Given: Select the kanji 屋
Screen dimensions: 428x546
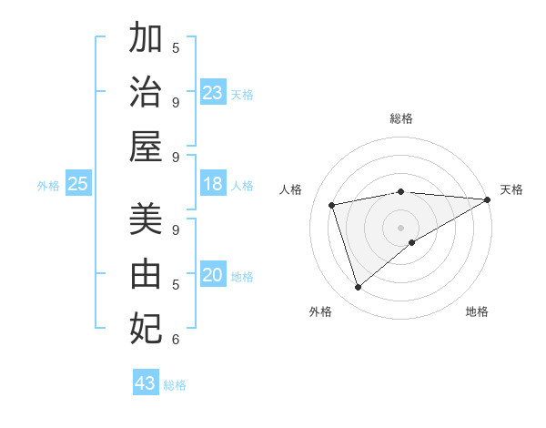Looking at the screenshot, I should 146,146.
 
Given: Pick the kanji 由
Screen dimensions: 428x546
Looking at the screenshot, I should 146,273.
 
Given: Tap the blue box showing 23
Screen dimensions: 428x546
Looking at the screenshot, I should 213,93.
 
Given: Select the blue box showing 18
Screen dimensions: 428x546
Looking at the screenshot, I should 213,185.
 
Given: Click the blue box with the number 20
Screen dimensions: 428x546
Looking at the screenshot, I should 213,276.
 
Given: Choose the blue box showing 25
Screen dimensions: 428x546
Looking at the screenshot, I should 78,185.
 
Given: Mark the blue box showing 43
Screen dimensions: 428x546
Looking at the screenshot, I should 146,383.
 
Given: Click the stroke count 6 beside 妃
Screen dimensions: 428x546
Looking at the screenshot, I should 176,340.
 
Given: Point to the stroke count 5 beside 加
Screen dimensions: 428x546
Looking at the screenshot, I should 176,47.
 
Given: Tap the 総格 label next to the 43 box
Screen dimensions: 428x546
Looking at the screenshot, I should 175,385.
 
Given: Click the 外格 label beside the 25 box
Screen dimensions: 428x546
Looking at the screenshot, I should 48,186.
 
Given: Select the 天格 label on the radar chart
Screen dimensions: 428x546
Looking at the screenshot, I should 511,189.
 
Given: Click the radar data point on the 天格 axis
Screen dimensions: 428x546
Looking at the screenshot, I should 488,199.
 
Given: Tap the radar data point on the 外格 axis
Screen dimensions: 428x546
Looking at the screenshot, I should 358,288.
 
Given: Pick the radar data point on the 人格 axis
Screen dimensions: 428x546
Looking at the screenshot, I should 332,205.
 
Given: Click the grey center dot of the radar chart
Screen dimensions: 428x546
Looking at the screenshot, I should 400,227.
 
